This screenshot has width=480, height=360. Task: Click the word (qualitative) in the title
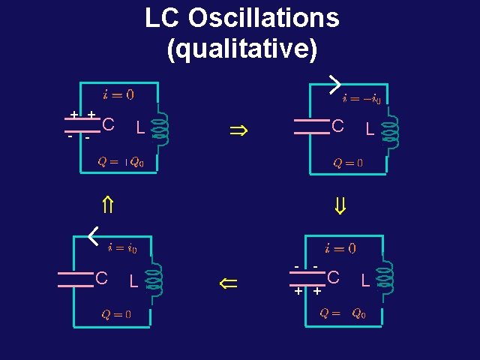[241, 49]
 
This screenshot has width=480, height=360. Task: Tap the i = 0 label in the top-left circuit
[118, 94]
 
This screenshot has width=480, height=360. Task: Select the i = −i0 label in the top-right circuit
[361, 98]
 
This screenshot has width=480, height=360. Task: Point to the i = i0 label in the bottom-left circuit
[122, 247]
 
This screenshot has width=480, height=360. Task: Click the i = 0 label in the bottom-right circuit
[340, 248]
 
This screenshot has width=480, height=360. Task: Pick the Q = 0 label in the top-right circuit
[348, 162]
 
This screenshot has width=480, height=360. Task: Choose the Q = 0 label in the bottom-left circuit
[116, 314]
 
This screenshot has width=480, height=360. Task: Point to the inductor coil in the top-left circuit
[160, 127]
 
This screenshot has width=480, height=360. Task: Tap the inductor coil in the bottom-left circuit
[154, 278]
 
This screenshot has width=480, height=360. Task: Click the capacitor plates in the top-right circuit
[312, 127]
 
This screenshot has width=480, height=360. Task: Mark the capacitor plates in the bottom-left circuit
[76, 279]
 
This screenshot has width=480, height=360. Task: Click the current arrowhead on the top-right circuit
[334, 85]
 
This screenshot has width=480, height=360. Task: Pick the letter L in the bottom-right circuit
[366, 280]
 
